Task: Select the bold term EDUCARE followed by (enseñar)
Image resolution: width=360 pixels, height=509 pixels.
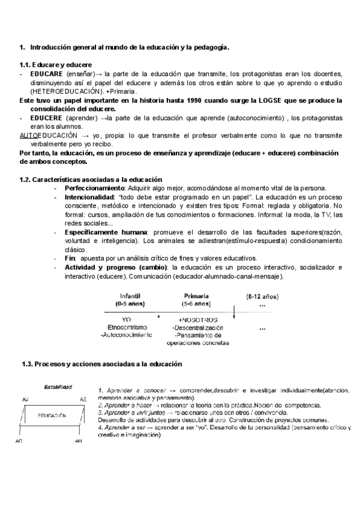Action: point(47,73)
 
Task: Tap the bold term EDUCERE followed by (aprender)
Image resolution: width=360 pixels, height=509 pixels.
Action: point(47,118)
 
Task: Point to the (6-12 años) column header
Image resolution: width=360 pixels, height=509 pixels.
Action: point(262,297)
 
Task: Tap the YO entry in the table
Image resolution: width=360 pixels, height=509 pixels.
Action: point(127,321)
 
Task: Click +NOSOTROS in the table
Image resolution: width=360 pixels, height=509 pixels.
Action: point(197,321)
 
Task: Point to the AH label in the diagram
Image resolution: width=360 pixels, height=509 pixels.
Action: point(79,441)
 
